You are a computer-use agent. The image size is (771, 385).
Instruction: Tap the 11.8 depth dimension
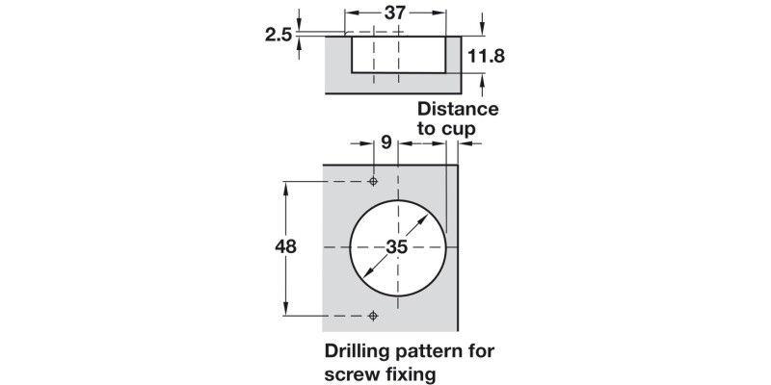(486, 57)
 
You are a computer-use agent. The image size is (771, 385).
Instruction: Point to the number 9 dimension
(386, 143)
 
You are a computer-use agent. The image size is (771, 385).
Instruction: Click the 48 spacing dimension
(285, 245)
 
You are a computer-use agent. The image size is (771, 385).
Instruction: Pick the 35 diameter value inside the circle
(397, 245)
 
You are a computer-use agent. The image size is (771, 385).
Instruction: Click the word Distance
(458, 109)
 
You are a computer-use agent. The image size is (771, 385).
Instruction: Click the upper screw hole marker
(374, 182)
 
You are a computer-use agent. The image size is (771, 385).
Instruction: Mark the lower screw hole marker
(374, 315)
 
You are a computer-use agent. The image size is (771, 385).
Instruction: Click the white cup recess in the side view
(397, 53)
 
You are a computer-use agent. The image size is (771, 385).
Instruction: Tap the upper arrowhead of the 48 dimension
(285, 187)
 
